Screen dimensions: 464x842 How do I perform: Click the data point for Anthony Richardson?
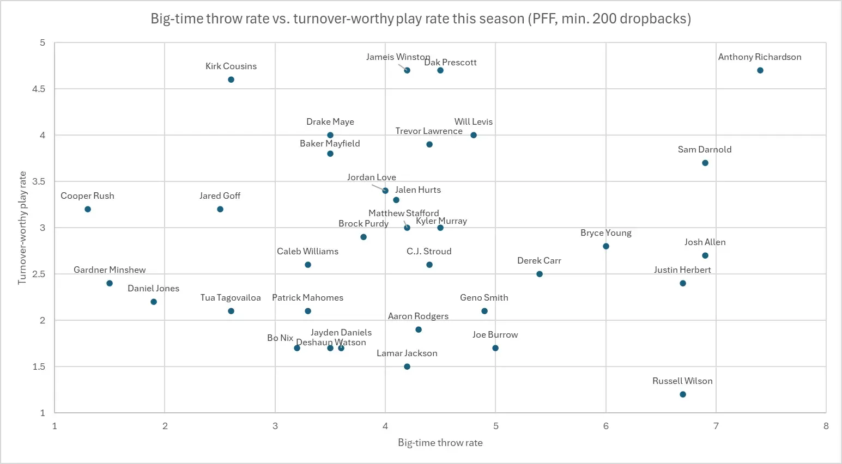760,70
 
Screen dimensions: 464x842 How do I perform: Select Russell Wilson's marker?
683,394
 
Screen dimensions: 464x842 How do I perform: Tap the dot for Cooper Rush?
88,209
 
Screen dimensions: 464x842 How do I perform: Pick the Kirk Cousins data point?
231,80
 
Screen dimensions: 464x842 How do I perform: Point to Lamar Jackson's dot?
407,367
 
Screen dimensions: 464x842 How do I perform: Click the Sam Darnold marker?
705,163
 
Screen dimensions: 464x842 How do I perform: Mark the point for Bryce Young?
606,246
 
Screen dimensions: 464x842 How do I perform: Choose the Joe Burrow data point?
495,348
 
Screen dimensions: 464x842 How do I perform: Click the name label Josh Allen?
705,242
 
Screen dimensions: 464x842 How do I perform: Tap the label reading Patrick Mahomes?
307,297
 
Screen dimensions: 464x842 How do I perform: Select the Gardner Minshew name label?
110,270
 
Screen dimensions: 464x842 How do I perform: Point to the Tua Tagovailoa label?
231,297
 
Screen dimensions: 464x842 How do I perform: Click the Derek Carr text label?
539,260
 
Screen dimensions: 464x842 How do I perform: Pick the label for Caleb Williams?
307,251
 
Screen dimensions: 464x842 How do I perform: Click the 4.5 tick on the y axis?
39,89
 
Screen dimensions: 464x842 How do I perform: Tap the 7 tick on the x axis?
716,426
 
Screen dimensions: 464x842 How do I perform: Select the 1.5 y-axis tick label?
39,367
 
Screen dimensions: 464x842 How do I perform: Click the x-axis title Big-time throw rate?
440,442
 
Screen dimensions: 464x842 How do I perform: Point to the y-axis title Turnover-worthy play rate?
22,228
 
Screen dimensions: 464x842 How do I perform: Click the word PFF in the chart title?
546,19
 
